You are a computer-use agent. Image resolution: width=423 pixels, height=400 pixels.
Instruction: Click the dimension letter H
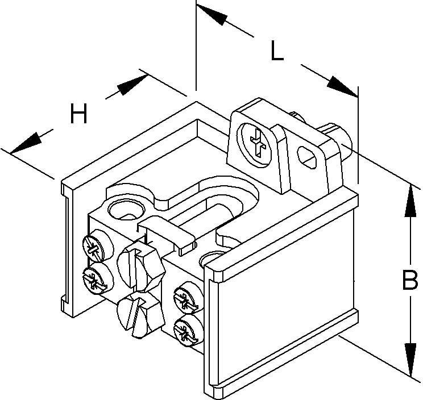click(79, 115)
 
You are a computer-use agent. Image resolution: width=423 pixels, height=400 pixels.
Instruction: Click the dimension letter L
click(277, 52)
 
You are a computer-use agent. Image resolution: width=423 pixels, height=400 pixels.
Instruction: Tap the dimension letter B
click(409, 281)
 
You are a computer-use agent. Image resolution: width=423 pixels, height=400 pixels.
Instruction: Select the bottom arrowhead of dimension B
click(409, 358)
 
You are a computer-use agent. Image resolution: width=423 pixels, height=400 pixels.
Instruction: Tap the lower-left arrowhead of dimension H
click(26, 143)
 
